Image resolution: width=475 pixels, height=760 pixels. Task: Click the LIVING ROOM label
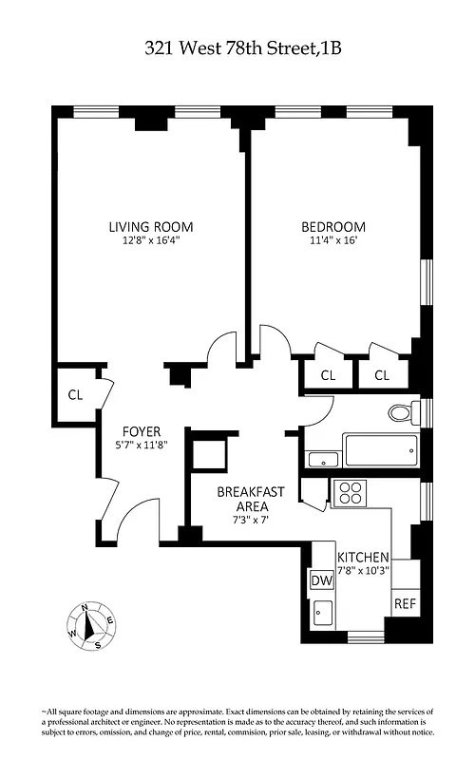[150, 227]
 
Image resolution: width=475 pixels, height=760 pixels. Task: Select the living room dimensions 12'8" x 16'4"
[150, 241]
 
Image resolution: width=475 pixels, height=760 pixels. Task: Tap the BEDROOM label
[333, 227]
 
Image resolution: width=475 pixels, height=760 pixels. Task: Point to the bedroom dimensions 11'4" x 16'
[333, 241]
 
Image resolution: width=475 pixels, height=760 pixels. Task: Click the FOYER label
[141, 430]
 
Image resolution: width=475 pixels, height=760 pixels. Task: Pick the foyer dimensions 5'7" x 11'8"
[141, 445]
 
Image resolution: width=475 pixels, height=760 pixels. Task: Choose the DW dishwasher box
[320, 580]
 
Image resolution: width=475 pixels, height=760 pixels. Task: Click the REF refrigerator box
[405, 603]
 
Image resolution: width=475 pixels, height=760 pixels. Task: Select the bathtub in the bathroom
[381, 449]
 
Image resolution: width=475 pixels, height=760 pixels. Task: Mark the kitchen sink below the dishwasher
[322, 613]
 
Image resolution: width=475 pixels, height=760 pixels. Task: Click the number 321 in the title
[162, 48]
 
